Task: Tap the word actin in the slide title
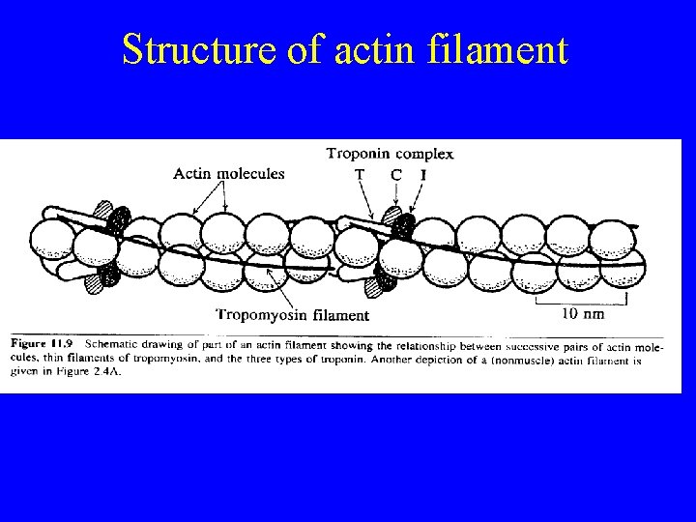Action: (366, 49)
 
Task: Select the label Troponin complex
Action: (390, 154)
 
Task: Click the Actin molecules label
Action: (229, 174)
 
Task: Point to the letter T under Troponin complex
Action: (360, 174)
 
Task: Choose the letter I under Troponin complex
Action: (423, 174)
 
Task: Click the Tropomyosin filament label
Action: (292, 314)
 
